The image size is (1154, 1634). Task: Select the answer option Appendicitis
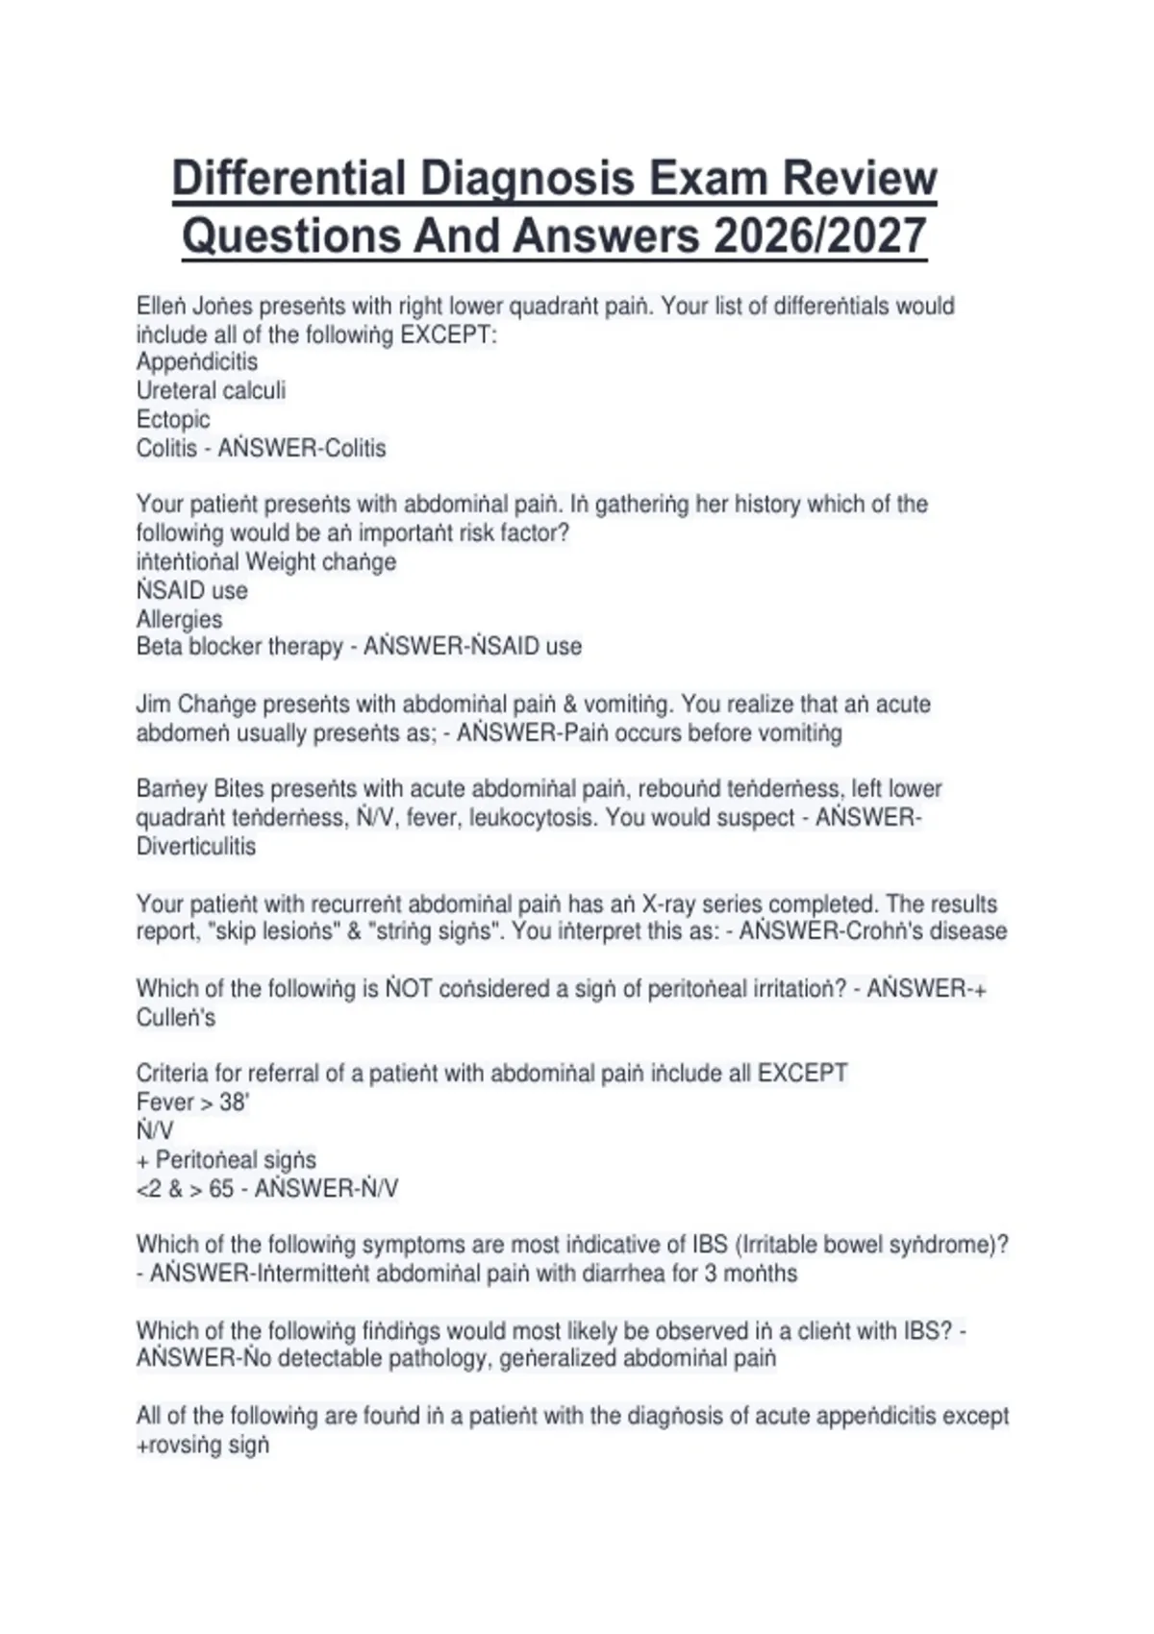pyautogui.click(x=197, y=362)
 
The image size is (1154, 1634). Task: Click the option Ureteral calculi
pyautogui.click(x=211, y=391)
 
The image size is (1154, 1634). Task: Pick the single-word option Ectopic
pyautogui.click(x=173, y=420)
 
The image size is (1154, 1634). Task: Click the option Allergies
pyautogui.click(x=179, y=619)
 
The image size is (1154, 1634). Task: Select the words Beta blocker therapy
pyautogui.click(x=239, y=647)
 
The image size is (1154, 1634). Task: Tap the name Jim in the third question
pyautogui.click(x=153, y=705)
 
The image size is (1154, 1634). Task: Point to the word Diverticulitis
pyautogui.click(x=196, y=847)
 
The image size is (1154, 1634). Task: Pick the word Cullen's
pyautogui.click(x=176, y=1018)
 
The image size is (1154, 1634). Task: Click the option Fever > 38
pyautogui.click(x=192, y=1102)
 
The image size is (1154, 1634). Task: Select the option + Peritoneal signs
pyautogui.click(x=226, y=1160)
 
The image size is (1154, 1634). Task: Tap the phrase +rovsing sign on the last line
pyautogui.click(x=203, y=1445)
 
